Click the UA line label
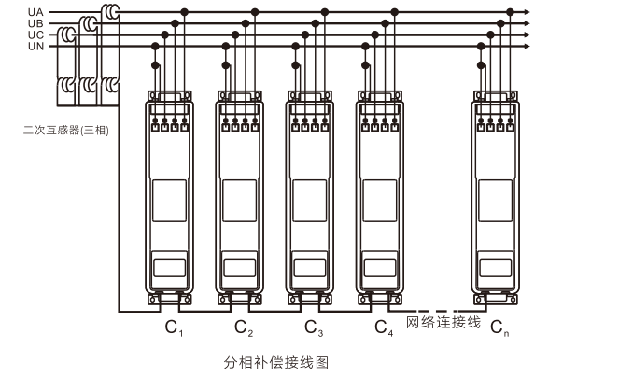(x=35, y=12)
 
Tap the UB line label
(x=35, y=23)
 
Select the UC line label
(x=35, y=35)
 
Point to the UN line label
(x=35, y=45)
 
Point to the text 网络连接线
(x=443, y=323)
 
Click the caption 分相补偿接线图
(x=276, y=361)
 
